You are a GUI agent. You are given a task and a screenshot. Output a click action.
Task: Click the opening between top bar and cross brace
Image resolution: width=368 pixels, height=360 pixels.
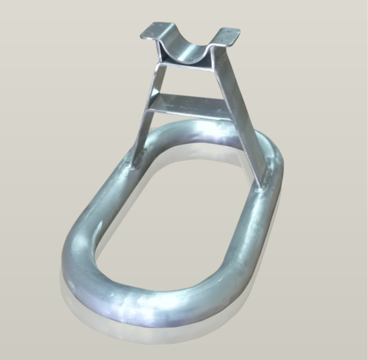point(186,81)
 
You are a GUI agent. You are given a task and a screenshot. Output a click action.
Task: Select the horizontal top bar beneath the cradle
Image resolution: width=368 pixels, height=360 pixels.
point(186,66)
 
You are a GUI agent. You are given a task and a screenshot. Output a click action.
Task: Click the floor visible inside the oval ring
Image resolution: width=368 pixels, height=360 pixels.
point(178,221)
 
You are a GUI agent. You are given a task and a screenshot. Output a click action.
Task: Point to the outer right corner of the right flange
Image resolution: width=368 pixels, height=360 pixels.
point(239,32)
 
